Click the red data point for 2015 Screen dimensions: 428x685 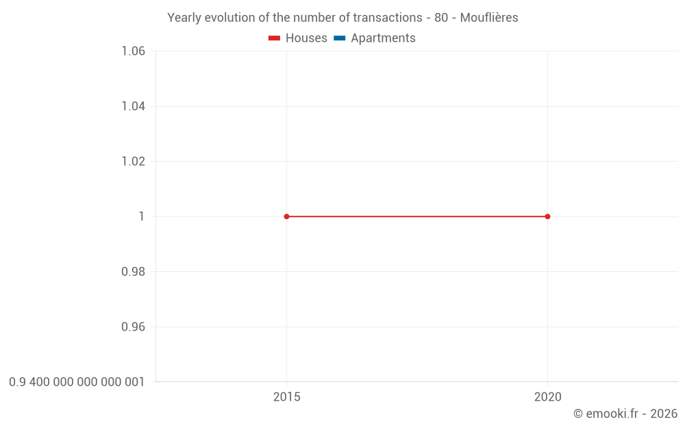[286, 216]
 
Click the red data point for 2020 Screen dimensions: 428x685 [547, 216]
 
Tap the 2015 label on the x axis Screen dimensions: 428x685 [286, 397]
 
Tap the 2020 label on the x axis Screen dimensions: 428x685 [547, 397]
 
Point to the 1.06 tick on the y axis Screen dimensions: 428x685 [133, 51]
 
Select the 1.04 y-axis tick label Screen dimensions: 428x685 [133, 106]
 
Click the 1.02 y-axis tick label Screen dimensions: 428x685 [133, 162]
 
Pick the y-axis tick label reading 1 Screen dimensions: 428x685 [142, 216]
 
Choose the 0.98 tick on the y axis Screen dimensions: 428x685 [133, 272]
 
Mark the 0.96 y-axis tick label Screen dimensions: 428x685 [133, 327]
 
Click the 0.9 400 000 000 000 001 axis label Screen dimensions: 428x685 [77, 382]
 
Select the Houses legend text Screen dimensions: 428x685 [306, 38]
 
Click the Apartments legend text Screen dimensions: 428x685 [383, 38]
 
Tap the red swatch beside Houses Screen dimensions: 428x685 [275, 38]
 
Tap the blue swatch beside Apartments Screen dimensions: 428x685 [340, 38]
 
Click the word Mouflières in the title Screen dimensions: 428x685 [489, 18]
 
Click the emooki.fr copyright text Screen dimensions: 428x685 [625, 414]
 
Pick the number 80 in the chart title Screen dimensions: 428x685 [441, 18]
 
